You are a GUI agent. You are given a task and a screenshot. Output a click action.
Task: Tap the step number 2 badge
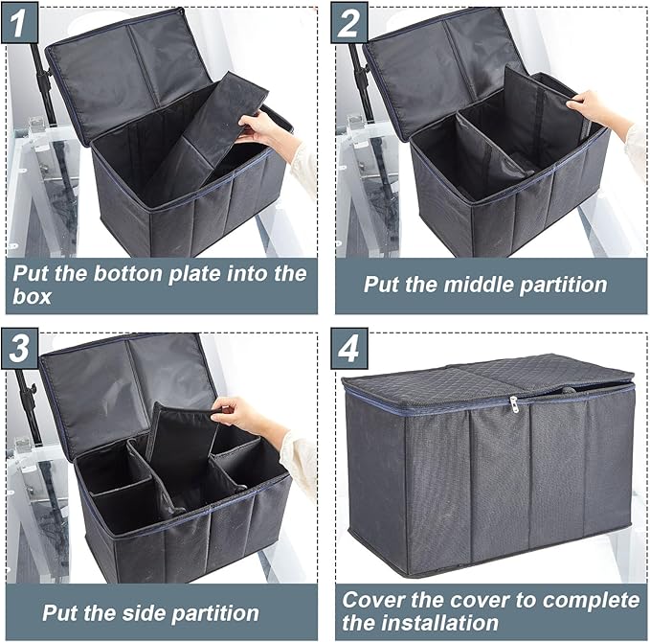point(349,24)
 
